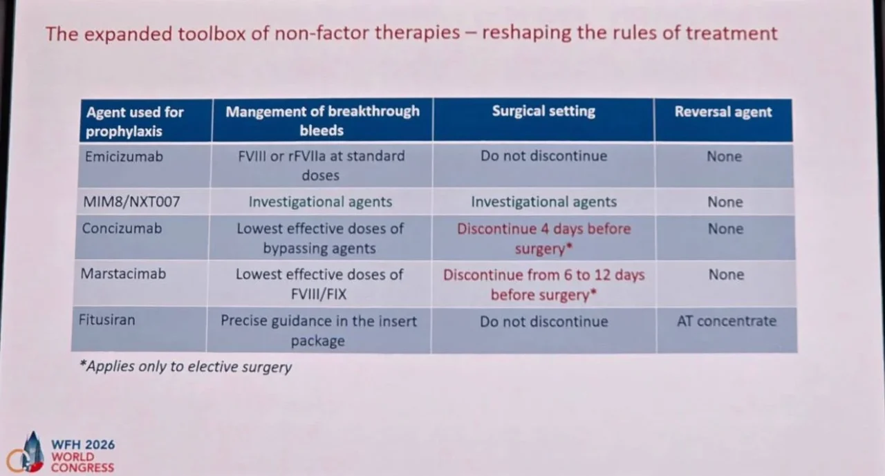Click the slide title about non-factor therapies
(411, 33)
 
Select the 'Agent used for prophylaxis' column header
(134, 121)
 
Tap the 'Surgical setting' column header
(543, 111)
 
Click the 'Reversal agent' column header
(723, 112)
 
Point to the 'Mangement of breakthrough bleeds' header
(322, 120)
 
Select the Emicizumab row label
(124, 156)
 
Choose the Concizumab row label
(122, 228)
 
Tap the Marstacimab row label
(124, 274)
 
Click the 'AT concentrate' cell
(726, 321)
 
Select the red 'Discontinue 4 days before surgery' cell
(543, 238)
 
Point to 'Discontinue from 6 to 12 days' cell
(543, 285)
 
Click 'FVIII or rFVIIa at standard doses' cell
(320, 165)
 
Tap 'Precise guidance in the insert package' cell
(319, 330)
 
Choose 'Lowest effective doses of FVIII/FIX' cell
(319, 284)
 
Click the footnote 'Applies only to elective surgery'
(185, 367)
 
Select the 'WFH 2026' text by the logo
(83, 445)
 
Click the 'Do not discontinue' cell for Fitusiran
(543, 321)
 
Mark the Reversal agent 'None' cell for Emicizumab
(724, 157)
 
